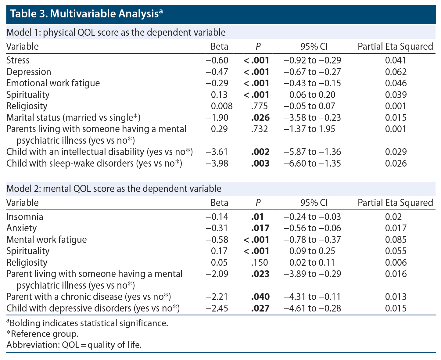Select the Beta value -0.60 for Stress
tap(217, 60)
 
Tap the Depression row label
tap(29, 72)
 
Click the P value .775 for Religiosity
tap(260, 106)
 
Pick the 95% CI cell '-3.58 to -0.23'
tap(312, 118)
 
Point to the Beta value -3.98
tap(217, 164)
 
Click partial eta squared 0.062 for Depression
tap(396, 72)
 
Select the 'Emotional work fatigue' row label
tap(53, 83)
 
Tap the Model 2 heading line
tap(114, 189)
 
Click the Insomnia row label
tap(25, 217)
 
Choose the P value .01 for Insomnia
tap(257, 217)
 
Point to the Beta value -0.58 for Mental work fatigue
tap(217, 240)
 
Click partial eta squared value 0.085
tap(396, 240)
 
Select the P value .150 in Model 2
tap(260, 263)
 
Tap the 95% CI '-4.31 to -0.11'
tap(312, 297)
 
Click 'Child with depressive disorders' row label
tap(93, 308)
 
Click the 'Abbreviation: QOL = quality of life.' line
tap(74, 345)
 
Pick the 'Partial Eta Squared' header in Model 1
tap(395, 47)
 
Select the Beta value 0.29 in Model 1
tap(219, 129)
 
